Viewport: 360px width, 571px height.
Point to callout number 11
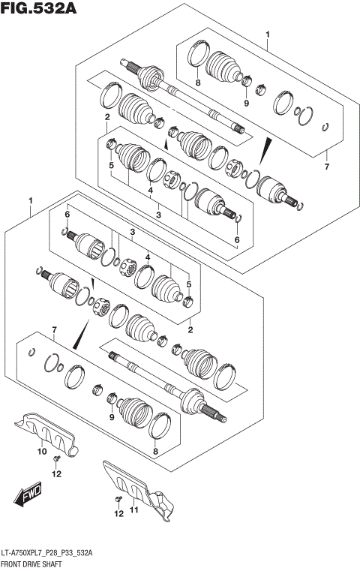pyautogui.click(x=135, y=511)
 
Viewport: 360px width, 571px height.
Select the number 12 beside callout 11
pyautogui.click(x=117, y=513)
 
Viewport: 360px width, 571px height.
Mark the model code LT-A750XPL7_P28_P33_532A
pyautogui.click(x=48, y=551)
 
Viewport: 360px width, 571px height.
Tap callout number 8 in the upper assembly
pyautogui.click(x=198, y=83)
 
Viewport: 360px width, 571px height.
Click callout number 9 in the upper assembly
pyautogui.click(x=245, y=103)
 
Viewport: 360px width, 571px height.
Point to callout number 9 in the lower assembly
pyautogui.click(x=110, y=417)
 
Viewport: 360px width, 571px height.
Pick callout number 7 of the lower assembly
pyautogui.click(x=53, y=329)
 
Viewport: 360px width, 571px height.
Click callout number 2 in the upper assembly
pyautogui.click(x=107, y=117)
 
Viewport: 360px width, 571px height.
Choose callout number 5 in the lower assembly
pyautogui.click(x=189, y=284)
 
